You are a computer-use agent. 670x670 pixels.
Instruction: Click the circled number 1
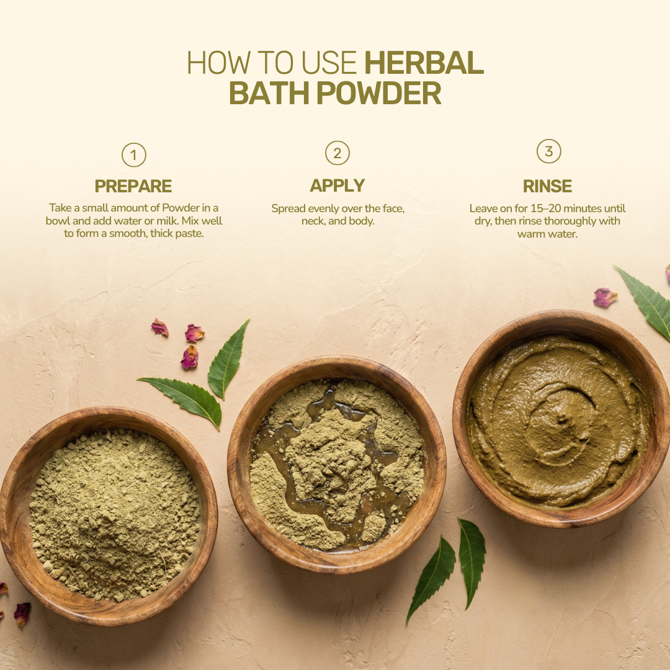point(133,155)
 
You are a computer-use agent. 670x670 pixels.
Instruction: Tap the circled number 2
point(337,153)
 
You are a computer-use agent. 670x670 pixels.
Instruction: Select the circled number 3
point(548,151)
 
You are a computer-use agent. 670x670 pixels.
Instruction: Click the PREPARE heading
point(133,186)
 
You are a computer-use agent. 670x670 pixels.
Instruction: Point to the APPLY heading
point(337,185)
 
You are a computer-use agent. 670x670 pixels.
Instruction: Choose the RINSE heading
point(547,186)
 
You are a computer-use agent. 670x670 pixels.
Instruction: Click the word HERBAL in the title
point(424,63)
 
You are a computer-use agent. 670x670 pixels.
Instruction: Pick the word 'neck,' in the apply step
point(314,221)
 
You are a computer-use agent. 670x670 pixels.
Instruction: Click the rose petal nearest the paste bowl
point(605,298)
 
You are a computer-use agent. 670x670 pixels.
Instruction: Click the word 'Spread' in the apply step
point(288,208)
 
